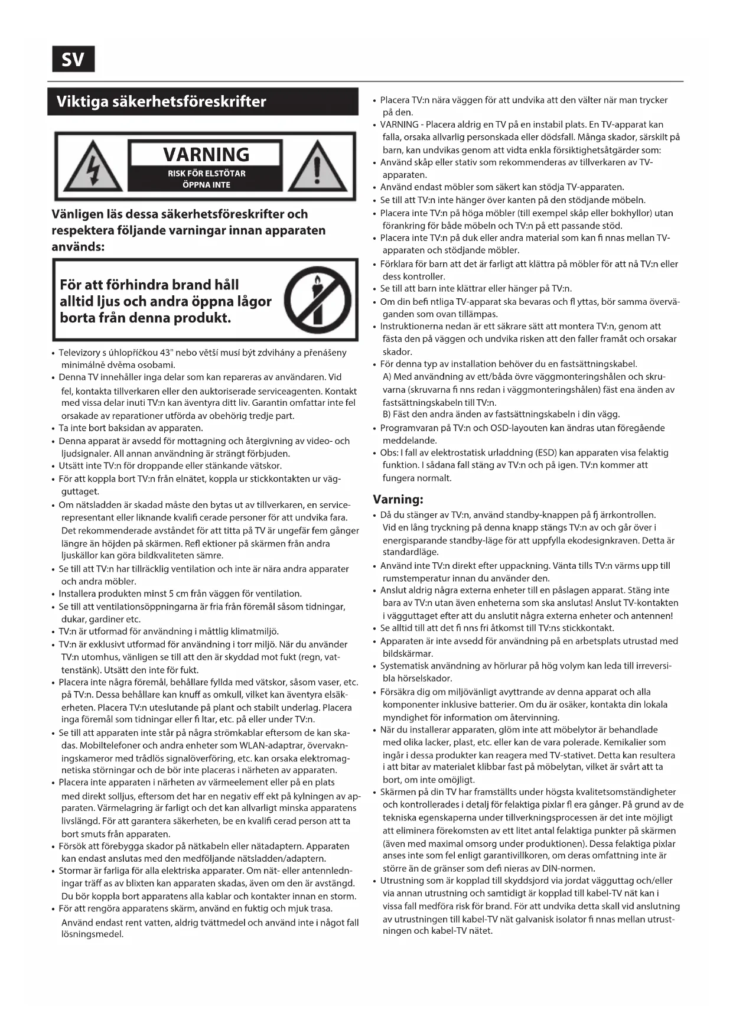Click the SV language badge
tap(73, 59)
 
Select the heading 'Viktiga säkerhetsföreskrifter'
tap(161, 102)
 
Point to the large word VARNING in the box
tap(206, 154)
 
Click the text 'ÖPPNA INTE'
tap(206, 185)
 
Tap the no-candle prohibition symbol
tap(318, 299)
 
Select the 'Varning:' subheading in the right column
tap(398, 499)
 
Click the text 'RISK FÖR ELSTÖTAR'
tap(206, 174)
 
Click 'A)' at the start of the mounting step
tap(387, 377)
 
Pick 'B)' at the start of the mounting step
tap(387, 414)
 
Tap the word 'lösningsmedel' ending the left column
tap(92, 934)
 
